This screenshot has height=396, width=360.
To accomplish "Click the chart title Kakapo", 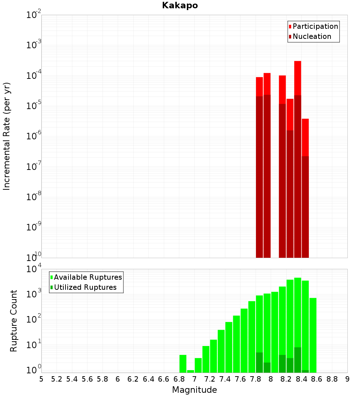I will tap(180, 5).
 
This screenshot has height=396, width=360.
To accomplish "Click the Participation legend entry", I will tap(315, 26).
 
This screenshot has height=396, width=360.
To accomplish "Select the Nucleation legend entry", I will tap(312, 36).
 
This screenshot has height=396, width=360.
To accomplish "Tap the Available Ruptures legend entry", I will tap(88, 277).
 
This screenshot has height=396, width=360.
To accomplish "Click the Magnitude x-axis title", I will tap(194, 390).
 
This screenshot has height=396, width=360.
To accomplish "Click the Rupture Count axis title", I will tap(14, 321).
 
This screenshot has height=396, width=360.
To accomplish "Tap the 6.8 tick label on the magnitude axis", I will tap(179, 379).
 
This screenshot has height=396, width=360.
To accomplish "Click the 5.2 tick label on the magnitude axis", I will tap(57, 379).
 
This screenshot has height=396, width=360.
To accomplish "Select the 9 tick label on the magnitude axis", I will tap(347, 379).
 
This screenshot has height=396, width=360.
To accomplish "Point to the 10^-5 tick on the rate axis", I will tap(34, 106).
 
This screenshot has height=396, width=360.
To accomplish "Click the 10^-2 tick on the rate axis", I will tap(34, 15).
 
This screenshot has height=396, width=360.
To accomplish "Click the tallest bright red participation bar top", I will tap(297, 62).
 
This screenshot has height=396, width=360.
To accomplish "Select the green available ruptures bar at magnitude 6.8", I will tap(183, 364).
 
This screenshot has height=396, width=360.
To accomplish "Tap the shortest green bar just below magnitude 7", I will tap(190, 371).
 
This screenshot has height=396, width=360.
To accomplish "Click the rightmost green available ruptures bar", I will tap(313, 335).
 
